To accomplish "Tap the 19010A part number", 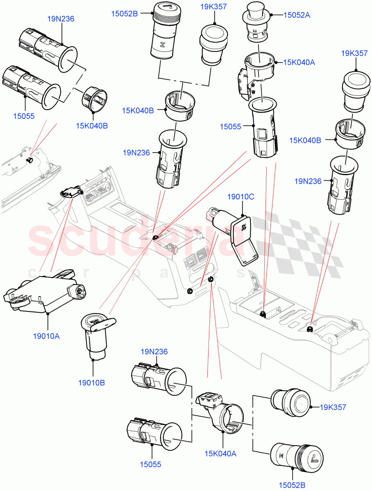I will point(46,336).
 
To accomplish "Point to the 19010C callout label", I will point(241,197).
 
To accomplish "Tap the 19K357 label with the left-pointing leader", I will point(333,407).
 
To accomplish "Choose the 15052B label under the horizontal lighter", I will point(293,485).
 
